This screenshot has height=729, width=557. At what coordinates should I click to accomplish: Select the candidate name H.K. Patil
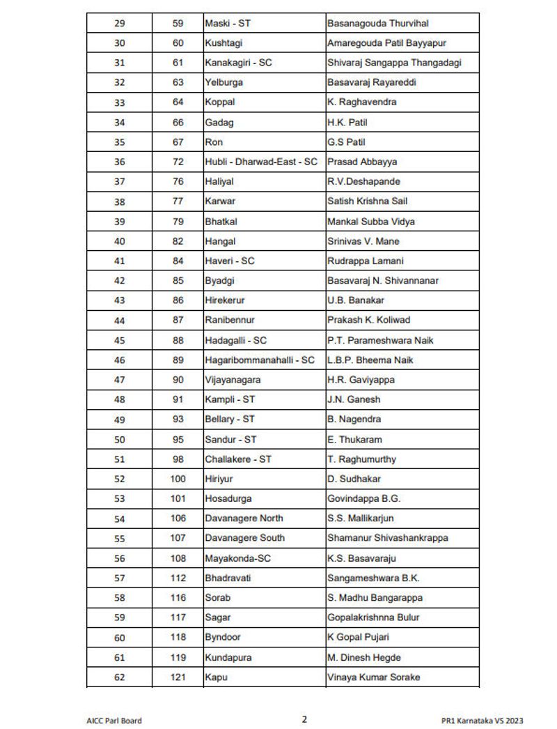coord(347,123)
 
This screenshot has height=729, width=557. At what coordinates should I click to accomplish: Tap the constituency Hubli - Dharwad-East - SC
coord(260,162)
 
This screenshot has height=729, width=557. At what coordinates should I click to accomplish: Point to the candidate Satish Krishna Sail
coord(367,201)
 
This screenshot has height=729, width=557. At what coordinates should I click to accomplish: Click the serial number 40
coord(120,241)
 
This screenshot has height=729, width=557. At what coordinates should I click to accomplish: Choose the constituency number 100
coord(178,479)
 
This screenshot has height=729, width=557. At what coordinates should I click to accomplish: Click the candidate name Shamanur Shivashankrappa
coord(388,538)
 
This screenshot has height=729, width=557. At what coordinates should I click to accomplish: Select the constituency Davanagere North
coord(244,519)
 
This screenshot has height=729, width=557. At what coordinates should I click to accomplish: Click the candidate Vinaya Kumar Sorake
coord(374,677)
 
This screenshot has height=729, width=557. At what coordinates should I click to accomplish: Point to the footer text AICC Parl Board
coord(114,721)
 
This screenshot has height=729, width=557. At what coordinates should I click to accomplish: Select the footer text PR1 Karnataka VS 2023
coord(482,721)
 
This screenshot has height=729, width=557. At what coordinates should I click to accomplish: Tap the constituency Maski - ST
coord(228,24)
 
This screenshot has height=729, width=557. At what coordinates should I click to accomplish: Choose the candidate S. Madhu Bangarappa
coord(375,598)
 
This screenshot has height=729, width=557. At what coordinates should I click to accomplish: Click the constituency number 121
coord(178,677)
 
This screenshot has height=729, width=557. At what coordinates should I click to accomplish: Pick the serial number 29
coord(120,24)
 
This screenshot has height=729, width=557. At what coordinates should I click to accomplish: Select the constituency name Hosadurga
coord(228,499)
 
